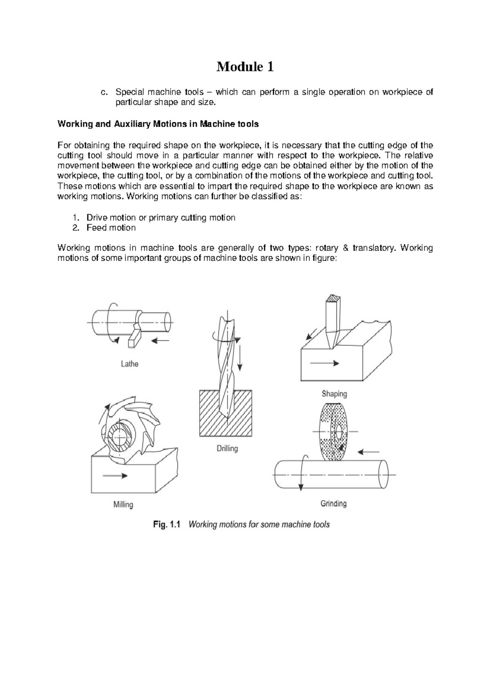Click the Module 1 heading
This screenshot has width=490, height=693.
tap(245, 67)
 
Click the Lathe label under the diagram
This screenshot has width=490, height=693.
tap(129, 364)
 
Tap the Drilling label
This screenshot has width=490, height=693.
tap(227, 449)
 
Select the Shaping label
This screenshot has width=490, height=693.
tap(334, 394)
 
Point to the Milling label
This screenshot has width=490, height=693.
tap(123, 504)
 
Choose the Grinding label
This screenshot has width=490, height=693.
tap(333, 504)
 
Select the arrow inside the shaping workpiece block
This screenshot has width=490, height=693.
tap(324, 363)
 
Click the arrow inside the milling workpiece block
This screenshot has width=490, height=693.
tap(115, 475)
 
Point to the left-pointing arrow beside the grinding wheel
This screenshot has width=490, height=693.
tap(369, 452)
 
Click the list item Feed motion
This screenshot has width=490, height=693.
tap(111, 228)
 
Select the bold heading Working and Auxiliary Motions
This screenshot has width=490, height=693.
tap(158, 124)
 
